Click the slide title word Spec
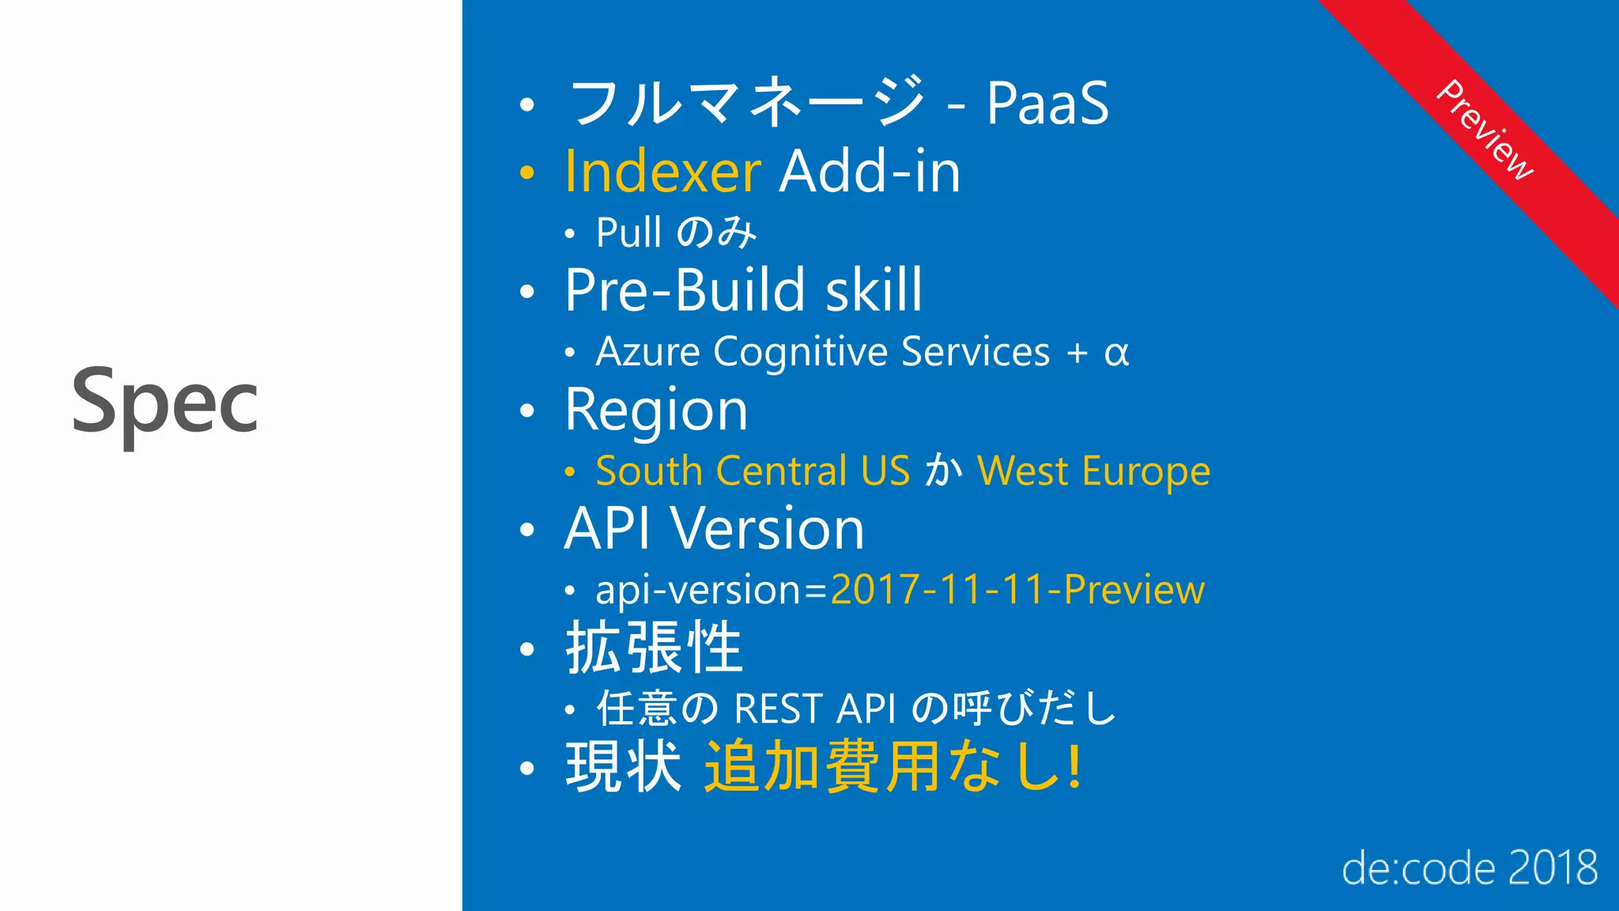pyautogui.click(x=164, y=403)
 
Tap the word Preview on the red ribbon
pyautogui.click(x=1485, y=130)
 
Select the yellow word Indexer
pyautogui.click(x=662, y=172)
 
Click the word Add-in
pyautogui.click(x=870, y=172)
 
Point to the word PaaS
pyautogui.click(x=1047, y=104)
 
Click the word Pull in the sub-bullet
pyautogui.click(x=628, y=232)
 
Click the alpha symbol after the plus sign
pyautogui.click(x=1116, y=353)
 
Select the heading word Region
pyautogui.click(x=656, y=410)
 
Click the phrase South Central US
pyautogui.click(x=753, y=471)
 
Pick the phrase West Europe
pyautogui.click(x=1093, y=471)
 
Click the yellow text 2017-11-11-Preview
pyautogui.click(x=1017, y=590)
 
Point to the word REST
pyautogui.click(x=778, y=709)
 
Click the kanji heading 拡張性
pyautogui.click(x=654, y=648)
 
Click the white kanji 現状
pyautogui.click(x=623, y=766)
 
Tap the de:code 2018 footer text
pyautogui.click(x=1470, y=868)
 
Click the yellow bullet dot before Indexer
pyautogui.click(x=527, y=172)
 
